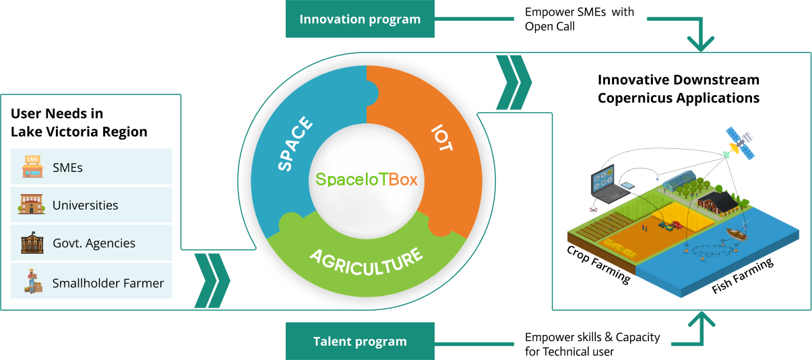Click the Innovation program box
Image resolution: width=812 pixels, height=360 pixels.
click(x=360, y=19)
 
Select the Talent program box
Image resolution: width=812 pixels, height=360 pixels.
click(x=360, y=341)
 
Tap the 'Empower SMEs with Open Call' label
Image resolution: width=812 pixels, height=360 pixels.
click(x=580, y=20)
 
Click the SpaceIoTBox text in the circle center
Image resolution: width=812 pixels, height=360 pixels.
click(x=367, y=179)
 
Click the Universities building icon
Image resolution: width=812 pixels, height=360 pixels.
click(x=32, y=205)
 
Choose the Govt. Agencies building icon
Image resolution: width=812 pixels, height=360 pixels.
click(x=32, y=243)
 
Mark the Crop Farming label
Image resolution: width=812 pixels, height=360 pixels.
click(x=598, y=264)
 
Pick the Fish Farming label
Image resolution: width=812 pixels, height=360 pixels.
click(x=743, y=277)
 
